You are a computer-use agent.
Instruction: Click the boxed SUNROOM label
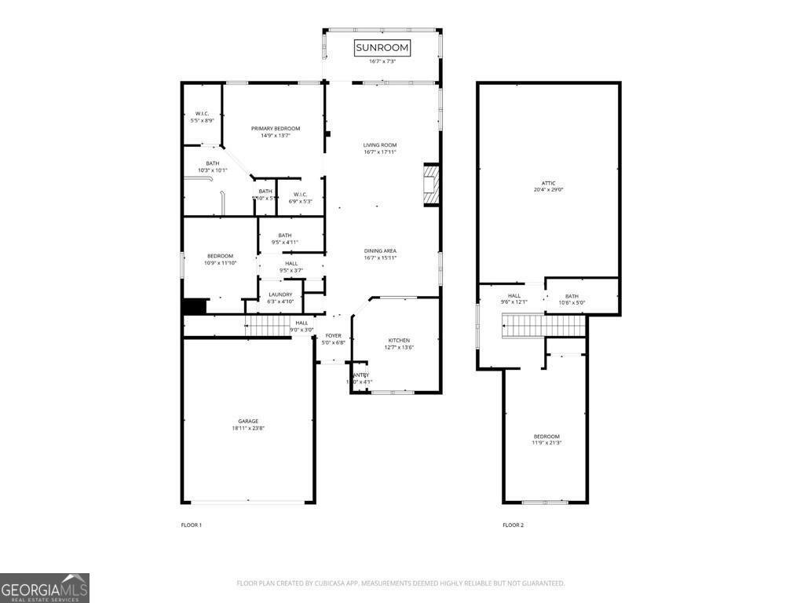[382, 48]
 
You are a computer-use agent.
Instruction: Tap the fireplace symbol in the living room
[431, 185]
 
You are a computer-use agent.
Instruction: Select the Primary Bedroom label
[276, 128]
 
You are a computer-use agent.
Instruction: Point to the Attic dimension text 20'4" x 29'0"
[549, 189]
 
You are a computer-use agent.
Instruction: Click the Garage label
[248, 421]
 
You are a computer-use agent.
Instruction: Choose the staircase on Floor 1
[269, 324]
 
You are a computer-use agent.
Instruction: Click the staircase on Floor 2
[543, 324]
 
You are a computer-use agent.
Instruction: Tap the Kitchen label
[399, 340]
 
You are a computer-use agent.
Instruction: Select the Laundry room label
[280, 294]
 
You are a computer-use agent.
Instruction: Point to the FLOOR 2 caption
[513, 524]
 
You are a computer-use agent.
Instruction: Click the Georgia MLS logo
[45, 588]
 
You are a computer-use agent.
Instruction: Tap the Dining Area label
[380, 250]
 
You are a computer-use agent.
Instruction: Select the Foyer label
[334, 335]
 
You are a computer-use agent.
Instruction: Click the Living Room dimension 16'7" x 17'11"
[380, 152]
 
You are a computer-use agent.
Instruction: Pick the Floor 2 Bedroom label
[546, 436]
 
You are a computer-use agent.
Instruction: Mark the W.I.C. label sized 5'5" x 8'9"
[202, 120]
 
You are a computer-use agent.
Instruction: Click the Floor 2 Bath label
[572, 296]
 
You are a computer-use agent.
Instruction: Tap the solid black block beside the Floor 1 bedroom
[194, 306]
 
